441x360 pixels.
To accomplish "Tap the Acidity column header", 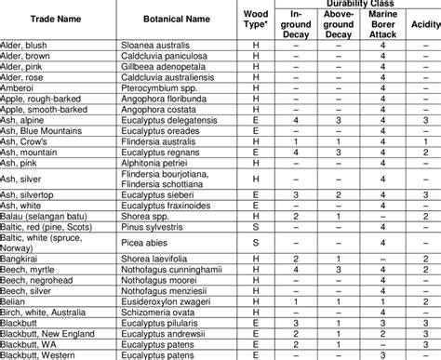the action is point(423,21).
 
